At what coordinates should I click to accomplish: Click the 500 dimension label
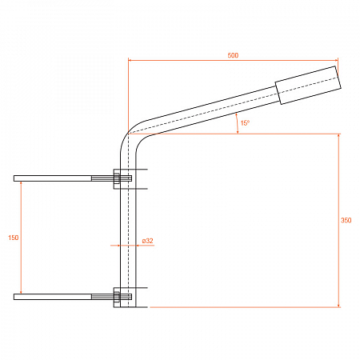pyautogui.click(x=233, y=55)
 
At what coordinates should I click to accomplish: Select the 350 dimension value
pyautogui.click(x=346, y=220)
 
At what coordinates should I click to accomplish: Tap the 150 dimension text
pyautogui.click(x=14, y=238)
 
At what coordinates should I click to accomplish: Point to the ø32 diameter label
pyautogui.click(x=147, y=241)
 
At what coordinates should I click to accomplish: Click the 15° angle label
pyautogui.click(x=245, y=123)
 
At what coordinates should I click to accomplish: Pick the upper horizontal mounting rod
pyautogui.click(x=73, y=178)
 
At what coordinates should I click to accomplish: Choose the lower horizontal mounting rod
pyautogui.click(x=73, y=297)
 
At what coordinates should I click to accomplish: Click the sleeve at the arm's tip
pyautogui.click(x=308, y=85)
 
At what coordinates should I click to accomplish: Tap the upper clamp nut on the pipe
pyautogui.click(x=117, y=178)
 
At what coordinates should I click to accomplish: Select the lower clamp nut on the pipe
pyautogui.click(x=117, y=297)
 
